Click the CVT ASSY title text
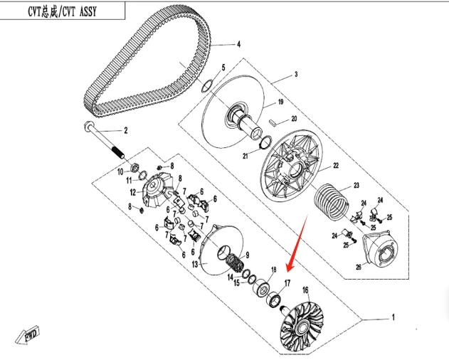60,10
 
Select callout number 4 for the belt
238,44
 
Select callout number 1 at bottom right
391,316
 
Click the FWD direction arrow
31,335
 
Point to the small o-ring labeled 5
206,87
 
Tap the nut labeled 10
132,169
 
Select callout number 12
132,192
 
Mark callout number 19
280,102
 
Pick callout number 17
288,283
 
